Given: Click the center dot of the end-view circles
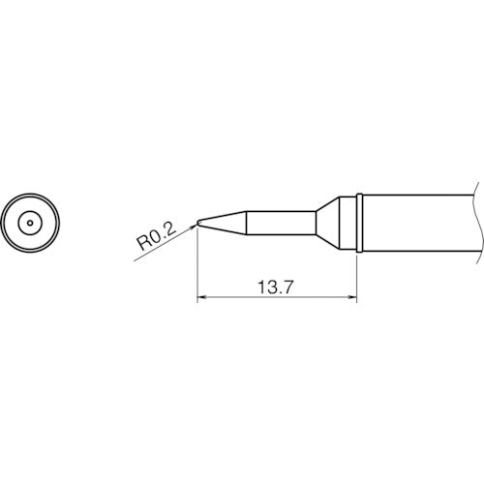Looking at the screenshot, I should tap(30, 223).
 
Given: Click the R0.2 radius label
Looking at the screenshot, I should tap(154, 236).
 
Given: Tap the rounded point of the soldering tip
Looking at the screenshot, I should tap(197, 223).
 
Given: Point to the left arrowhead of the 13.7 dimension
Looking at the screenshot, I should tap(201, 299).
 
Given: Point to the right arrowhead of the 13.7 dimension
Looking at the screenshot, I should tap(354, 299).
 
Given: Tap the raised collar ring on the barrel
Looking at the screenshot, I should tap(358, 223).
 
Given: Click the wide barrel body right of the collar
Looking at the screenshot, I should tap(416, 223).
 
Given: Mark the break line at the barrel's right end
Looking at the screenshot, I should tap(477, 223).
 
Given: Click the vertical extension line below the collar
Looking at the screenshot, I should tap(358, 276).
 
